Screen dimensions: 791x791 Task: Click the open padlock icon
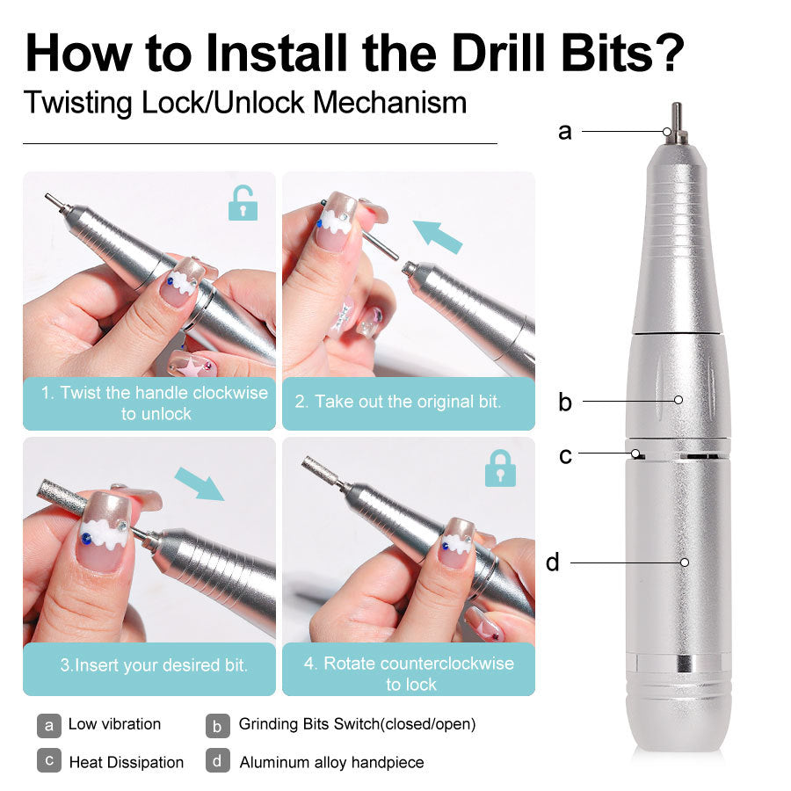click(243, 203)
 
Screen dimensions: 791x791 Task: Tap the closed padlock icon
click(500, 468)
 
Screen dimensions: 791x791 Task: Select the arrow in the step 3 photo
click(199, 483)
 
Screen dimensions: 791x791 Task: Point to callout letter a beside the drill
click(565, 132)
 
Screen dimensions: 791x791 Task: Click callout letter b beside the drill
click(565, 403)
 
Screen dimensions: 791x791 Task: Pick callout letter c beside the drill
click(565, 455)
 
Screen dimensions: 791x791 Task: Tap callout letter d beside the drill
click(553, 562)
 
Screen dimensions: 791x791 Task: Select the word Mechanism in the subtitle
click(389, 103)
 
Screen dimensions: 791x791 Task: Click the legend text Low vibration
click(114, 724)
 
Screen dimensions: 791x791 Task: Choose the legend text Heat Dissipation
click(127, 762)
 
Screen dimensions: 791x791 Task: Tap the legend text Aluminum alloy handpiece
click(331, 762)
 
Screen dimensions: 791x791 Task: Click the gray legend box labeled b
click(218, 725)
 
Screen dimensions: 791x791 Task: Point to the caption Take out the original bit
click(409, 402)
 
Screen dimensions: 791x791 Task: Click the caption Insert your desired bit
click(154, 665)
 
